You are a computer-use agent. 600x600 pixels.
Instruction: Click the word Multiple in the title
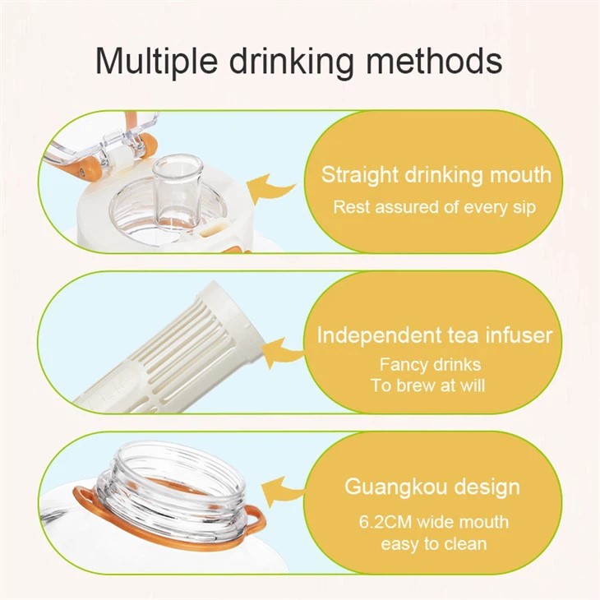point(156,61)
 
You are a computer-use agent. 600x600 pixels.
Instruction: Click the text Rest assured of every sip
point(434,208)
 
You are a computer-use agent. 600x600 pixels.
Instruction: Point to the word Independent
point(379,335)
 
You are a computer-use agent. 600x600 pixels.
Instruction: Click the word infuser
point(519,335)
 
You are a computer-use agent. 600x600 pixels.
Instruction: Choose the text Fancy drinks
point(430,364)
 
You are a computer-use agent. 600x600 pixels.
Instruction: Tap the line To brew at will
point(427,385)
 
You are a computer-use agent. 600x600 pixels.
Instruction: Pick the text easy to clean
point(433,544)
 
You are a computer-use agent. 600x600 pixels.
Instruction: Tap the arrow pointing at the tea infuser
point(283,351)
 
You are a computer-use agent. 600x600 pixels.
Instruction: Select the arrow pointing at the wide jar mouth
point(282,491)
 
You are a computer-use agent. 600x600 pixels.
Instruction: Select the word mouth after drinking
point(521,174)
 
